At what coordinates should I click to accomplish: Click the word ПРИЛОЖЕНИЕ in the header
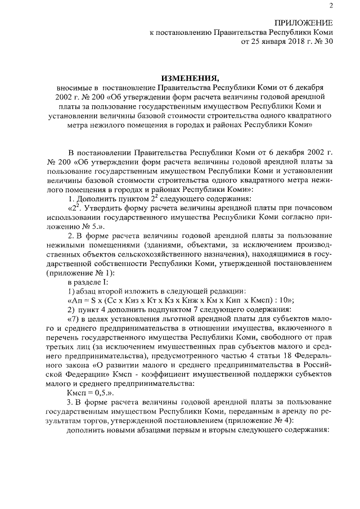[x=303, y=23]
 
